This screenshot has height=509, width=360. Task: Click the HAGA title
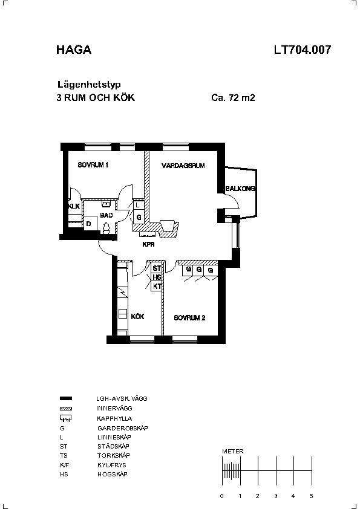point(74,50)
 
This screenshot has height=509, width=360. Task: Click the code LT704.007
point(303,50)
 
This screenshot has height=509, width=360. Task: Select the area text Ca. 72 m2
point(233,98)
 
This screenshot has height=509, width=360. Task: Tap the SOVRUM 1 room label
point(93,165)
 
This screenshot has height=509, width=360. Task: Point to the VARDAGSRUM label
point(183,166)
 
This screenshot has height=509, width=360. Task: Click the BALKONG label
point(241,189)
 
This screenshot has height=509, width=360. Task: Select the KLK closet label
point(74,206)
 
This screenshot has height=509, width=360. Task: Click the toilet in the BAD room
point(106,228)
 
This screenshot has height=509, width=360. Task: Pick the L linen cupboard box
point(139,205)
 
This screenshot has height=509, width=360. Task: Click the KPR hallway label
point(148,244)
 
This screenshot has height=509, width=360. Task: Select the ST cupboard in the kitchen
point(157,268)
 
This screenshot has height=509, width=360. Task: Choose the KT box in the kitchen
point(157,287)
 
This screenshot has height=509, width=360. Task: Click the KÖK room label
point(138,317)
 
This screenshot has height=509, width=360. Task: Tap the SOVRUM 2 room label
point(190,318)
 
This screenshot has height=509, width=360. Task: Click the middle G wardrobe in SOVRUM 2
point(199,270)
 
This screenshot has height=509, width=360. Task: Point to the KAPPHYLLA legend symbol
point(65,418)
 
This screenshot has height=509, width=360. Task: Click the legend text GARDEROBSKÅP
point(123,428)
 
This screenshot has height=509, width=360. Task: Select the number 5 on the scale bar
point(311,496)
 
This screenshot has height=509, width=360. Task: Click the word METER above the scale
point(233,451)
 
